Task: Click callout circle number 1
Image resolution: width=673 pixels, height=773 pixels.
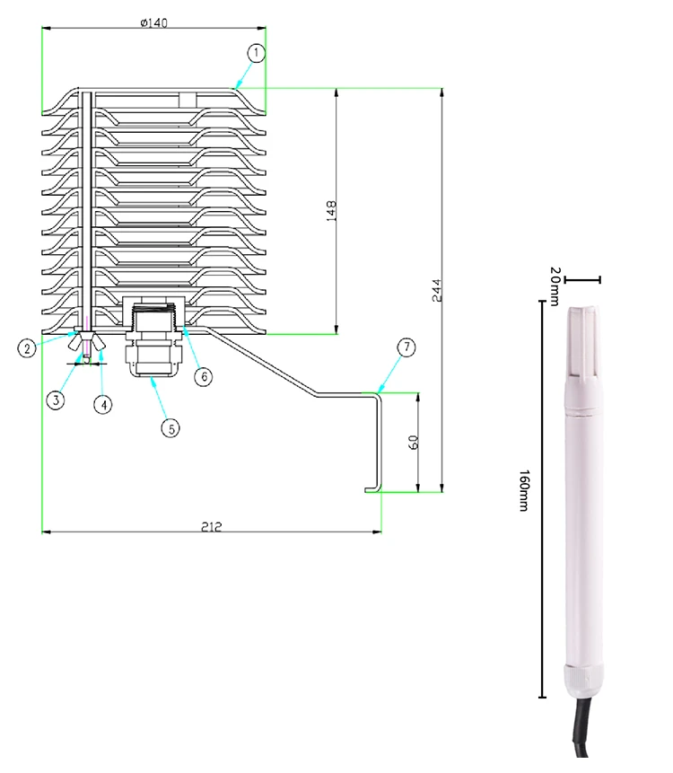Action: (258, 53)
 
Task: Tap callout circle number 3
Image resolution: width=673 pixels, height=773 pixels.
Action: (57, 400)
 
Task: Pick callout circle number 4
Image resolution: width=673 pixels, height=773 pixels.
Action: (105, 404)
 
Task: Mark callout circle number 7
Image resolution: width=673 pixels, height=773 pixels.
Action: (406, 347)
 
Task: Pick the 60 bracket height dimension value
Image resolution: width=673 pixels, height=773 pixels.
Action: (414, 444)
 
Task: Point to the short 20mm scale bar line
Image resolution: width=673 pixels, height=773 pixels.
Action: (583, 280)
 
